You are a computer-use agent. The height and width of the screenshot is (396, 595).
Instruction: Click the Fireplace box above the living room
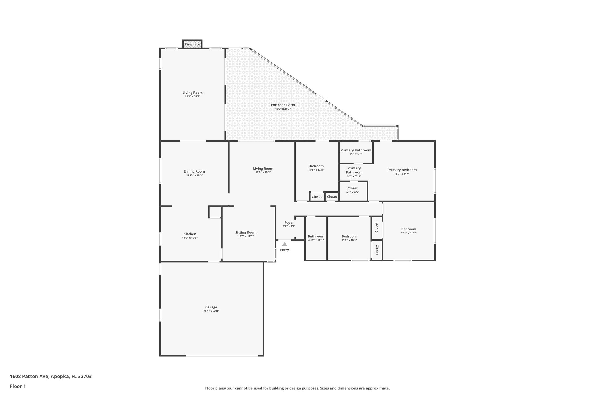point(192,44)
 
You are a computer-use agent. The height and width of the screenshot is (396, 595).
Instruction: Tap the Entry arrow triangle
point(284,244)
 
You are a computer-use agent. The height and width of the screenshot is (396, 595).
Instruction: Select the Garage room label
point(211,307)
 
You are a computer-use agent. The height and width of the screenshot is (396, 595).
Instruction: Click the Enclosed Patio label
point(283,105)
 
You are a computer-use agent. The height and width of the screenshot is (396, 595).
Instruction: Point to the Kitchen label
point(190,234)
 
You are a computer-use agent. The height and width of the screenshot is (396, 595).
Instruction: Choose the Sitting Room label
point(246,232)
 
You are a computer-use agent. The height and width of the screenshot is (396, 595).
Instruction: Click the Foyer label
point(289,223)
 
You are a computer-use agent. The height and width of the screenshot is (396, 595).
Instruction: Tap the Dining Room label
point(194,171)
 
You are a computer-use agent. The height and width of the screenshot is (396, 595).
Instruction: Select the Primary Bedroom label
point(402,170)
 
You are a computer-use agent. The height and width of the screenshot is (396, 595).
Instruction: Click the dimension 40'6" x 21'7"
point(283,109)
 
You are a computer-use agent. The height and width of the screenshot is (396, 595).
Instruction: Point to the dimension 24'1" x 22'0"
point(211,311)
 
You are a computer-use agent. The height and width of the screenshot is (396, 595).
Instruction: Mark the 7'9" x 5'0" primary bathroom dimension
point(356,154)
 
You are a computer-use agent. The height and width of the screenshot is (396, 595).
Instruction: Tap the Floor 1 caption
point(18,386)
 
